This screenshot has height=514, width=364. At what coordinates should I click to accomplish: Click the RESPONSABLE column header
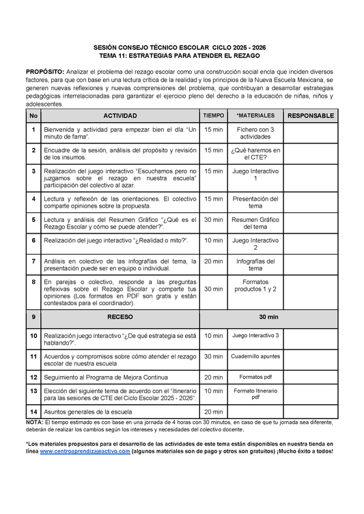click(310, 115)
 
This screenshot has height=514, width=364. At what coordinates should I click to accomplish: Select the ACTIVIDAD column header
click(120, 115)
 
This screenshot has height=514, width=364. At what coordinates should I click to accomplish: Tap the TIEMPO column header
click(214, 115)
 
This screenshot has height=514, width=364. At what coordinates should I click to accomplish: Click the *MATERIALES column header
click(255, 115)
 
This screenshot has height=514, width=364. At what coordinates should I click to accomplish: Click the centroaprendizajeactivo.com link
click(85, 452)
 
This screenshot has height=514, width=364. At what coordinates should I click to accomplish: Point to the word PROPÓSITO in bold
click(45, 72)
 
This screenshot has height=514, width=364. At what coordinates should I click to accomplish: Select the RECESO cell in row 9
click(120, 317)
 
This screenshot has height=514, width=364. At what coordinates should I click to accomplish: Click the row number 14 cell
click(33, 412)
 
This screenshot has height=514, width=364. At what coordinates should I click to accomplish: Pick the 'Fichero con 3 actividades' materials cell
click(255, 132)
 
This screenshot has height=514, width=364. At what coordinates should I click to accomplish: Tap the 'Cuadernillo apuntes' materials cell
click(255, 356)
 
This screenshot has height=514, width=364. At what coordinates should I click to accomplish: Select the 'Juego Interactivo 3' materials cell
click(255, 336)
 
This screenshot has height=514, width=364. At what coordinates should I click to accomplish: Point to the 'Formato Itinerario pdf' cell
click(255, 394)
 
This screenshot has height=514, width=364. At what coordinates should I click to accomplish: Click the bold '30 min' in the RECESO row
click(268, 317)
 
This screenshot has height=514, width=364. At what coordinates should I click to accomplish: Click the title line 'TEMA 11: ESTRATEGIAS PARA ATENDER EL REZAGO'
click(180, 55)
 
